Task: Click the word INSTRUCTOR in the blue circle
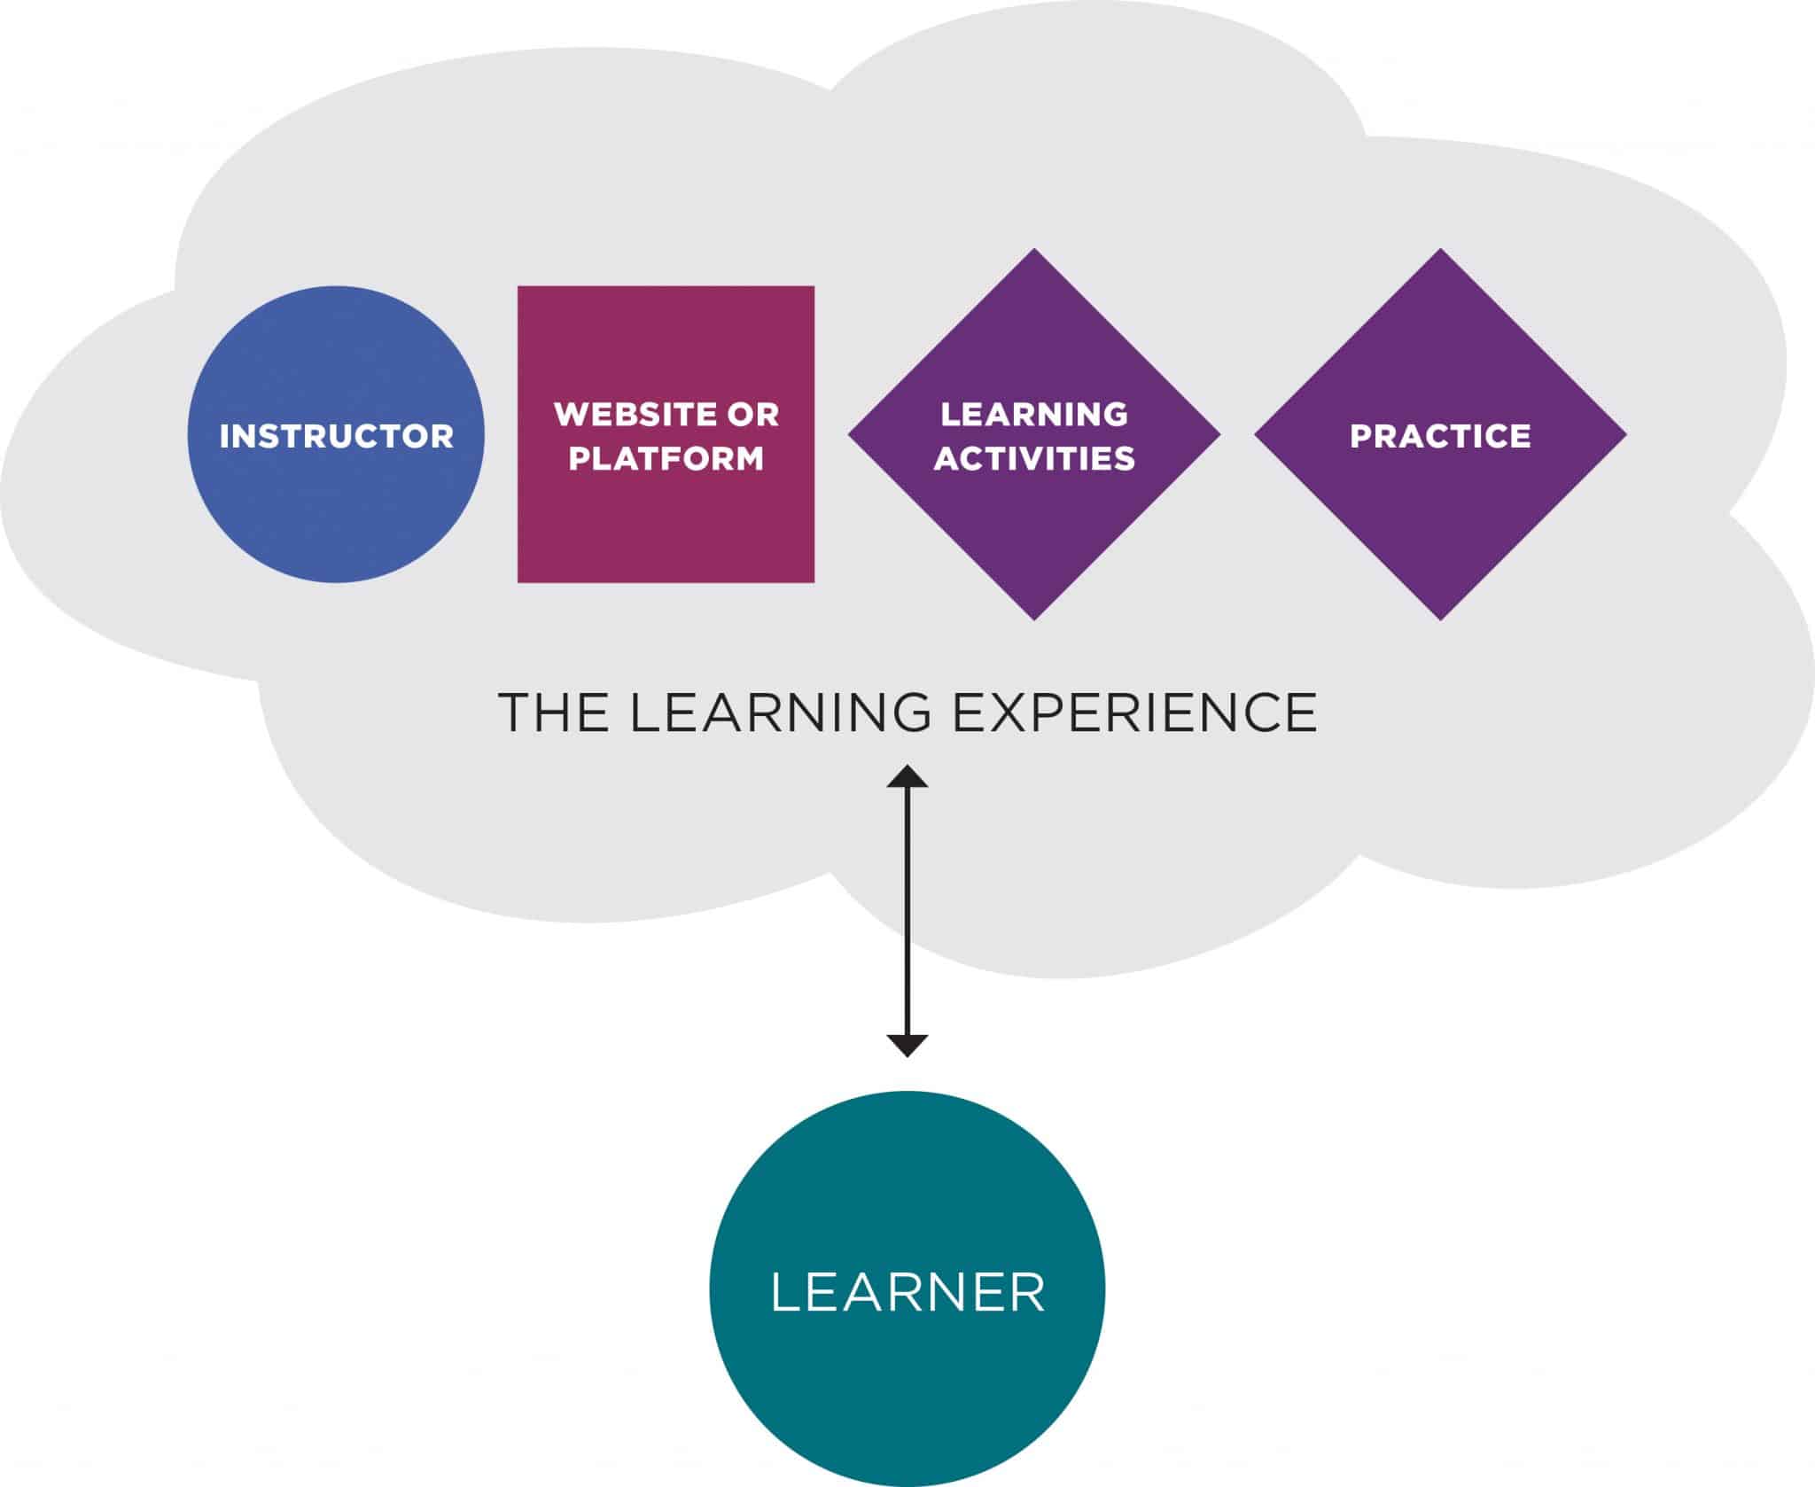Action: tap(336, 436)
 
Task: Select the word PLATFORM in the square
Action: tap(666, 458)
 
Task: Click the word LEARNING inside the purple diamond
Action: tap(1033, 415)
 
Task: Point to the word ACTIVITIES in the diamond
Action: tap(1033, 458)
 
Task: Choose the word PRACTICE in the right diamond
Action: tap(1439, 436)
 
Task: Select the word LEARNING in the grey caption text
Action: tap(780, 712)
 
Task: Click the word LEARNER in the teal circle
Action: tap(907, 1292)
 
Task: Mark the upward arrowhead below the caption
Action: tap(907, 776)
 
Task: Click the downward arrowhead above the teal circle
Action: tap(907, 1046)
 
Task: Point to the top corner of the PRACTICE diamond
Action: tap(1440, 252)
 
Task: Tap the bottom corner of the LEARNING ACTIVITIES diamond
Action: tap(1034, 617)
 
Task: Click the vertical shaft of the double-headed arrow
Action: tap(907, 913)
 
